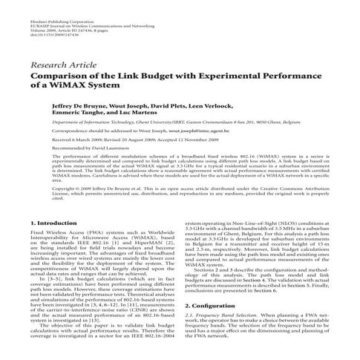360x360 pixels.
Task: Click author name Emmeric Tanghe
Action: pos(77,115)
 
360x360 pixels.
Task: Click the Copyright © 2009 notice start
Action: pos(81,189)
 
